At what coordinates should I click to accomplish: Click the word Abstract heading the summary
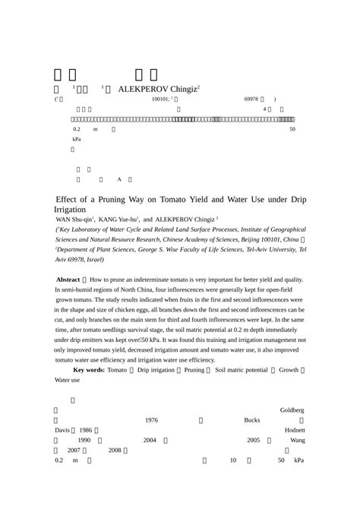pyautogui.click(x=69, y=280)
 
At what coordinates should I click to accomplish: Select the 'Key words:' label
pyautogui.click(x=88, y=369)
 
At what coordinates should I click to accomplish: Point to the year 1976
pyautogui.click(x=151, y=420)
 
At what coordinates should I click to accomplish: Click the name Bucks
pyautogui.click(x=252, y=420)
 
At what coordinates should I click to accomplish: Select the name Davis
pyautogui.click(x=62, y=430)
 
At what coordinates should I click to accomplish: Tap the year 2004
pyautogui.click(x=150, y=440)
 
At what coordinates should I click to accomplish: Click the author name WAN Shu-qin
pyautogui.click(x=72, y=220)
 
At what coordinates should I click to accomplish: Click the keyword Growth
pyautogui.click(x=288, y=369)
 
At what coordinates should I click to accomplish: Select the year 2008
pyautogui.click(x=115, y=450)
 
